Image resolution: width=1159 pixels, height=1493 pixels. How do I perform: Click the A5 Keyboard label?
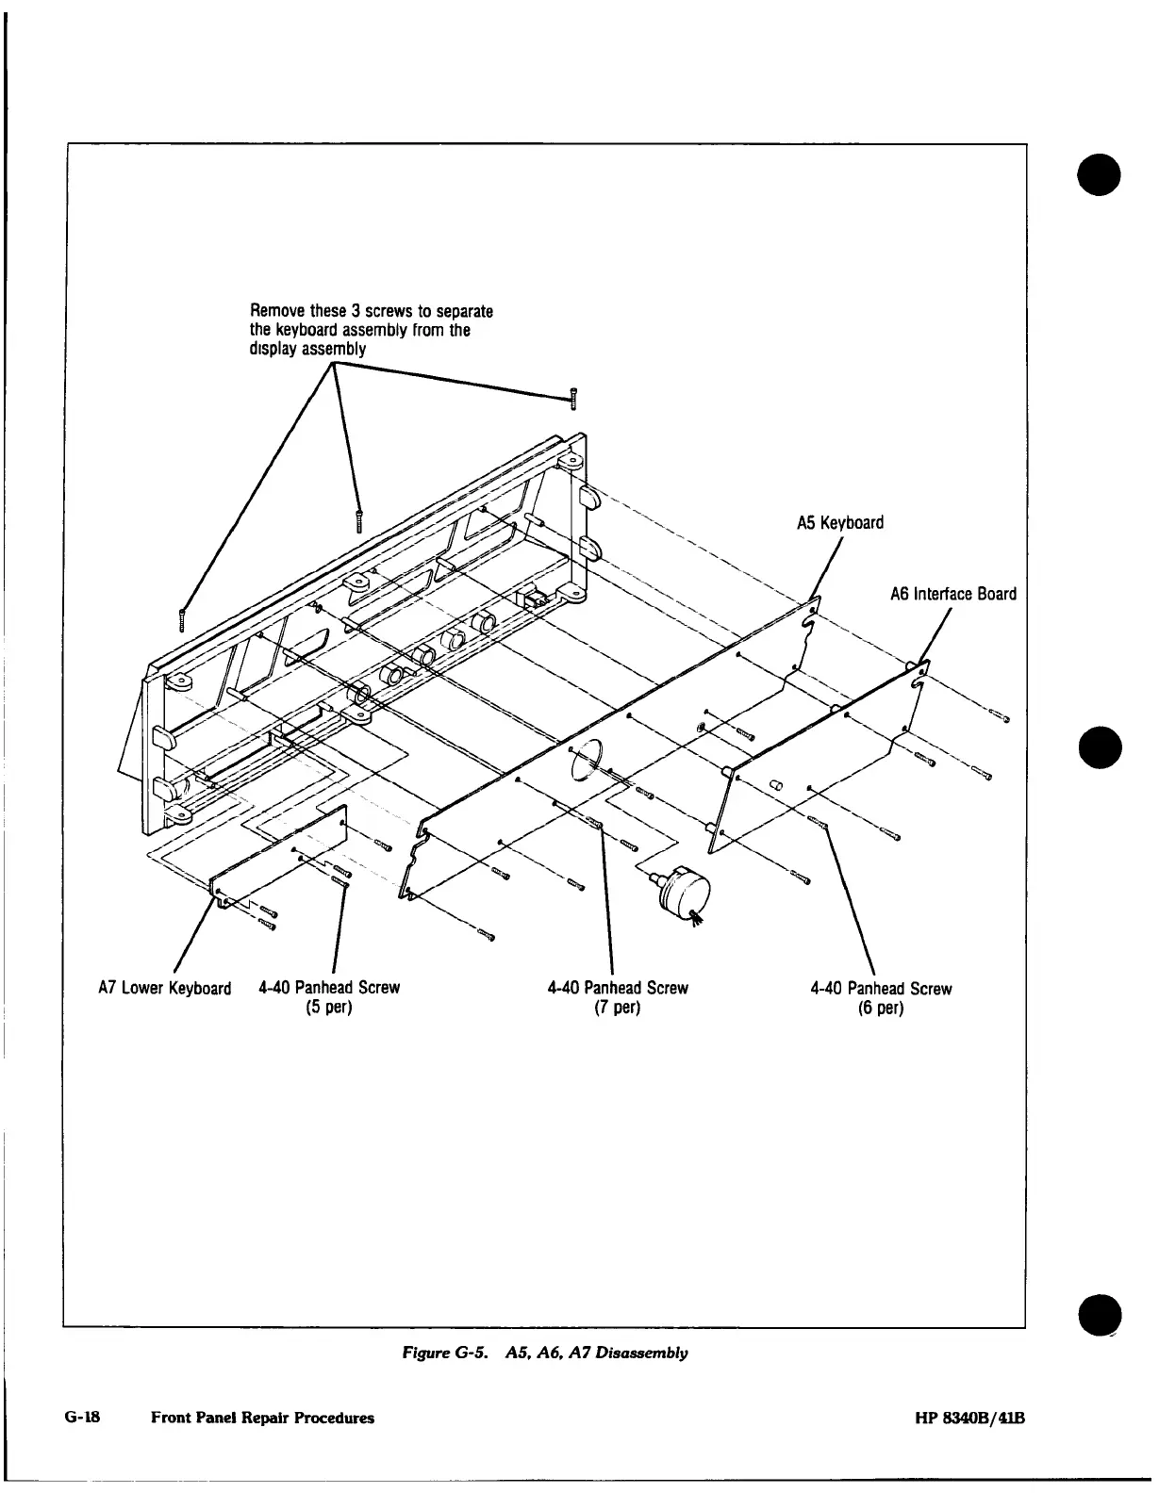click(x=839, y=522)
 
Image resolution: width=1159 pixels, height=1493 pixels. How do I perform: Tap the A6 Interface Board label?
click(x=952, y=594)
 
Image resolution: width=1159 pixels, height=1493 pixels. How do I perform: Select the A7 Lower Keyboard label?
click(x=164, y=989)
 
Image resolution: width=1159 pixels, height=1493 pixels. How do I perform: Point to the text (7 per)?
click(x=617, y=1008)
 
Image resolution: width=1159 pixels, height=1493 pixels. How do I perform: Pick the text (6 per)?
click(x=880, y=1009)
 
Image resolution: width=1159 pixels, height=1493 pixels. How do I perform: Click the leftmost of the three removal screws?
click(x=182, y=619)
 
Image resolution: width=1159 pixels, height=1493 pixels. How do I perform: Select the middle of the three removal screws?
click(x=358, y=519)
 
